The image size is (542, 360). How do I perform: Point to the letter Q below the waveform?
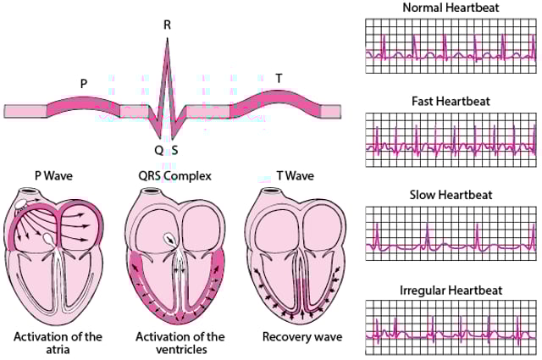click(158, 150)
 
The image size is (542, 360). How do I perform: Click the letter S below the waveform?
click(174, 150)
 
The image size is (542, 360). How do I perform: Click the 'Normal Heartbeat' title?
click(440, 8)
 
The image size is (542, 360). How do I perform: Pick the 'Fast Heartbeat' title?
click(440, 101)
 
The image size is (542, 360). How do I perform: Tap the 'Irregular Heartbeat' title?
click(440, 290)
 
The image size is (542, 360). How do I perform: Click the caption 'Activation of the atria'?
click(58, 343)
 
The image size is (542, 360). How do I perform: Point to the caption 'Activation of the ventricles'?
click(180, 343)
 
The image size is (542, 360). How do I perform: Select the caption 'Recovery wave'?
click(302, 337)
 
